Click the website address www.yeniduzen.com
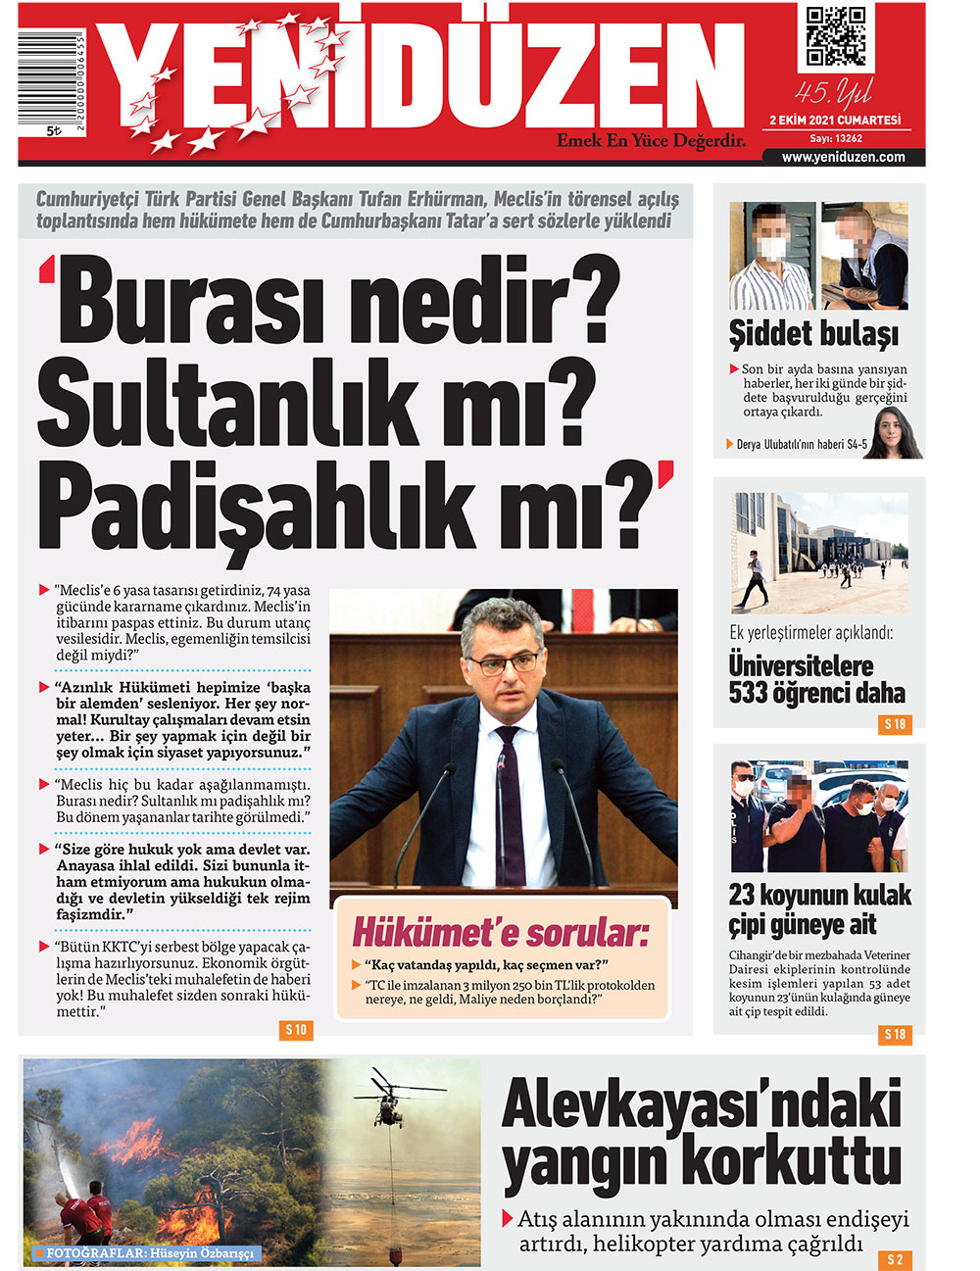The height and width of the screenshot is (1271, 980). [x=843, y=157]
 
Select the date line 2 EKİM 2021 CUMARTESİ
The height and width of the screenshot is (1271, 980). [x=835, y=121]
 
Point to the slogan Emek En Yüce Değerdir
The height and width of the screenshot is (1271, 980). [x=651, y=141]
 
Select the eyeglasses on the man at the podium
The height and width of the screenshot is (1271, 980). [x=504, y=663]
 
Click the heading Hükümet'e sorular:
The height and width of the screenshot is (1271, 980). [x=500, y=932]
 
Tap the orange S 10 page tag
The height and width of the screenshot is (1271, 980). [x=296, y=1030]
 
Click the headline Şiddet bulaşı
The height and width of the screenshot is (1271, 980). [x=813, y=334]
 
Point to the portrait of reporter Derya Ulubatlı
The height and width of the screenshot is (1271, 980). [x=894, y=435]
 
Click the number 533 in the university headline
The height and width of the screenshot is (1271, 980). [x=749, y=694]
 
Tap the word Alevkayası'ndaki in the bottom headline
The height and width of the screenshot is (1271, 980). [x=701, y=1105]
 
